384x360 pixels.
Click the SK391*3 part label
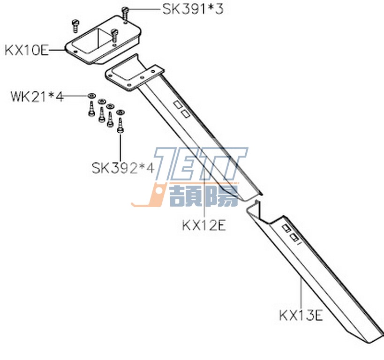192,9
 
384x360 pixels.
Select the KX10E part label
26,49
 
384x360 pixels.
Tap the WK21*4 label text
37,97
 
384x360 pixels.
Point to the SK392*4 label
122,167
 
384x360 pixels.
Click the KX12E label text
204,225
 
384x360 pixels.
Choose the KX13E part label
301,315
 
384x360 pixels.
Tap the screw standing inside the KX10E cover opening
114,35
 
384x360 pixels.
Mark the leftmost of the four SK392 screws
91,110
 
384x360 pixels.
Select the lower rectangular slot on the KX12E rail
186,113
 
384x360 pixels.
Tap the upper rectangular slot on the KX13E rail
285,228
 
